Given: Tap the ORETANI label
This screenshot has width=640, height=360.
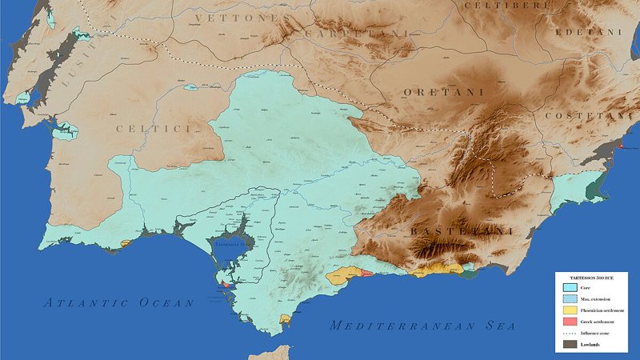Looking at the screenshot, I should pos(443,93).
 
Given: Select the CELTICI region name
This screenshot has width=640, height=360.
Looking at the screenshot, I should pos(156,128).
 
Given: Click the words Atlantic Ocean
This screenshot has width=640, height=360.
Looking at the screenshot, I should pos(118,302).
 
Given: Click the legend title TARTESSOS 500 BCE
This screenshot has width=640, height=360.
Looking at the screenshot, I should pos(592,278).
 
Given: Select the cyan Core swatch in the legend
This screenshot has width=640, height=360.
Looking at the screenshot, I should pos(570,287).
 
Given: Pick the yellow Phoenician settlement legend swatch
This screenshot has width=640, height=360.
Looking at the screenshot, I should pos(570,310).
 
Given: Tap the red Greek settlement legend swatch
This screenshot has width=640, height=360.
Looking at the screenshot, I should pos(570,321).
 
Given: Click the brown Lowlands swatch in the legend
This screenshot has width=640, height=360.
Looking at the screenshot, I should pos(570,344).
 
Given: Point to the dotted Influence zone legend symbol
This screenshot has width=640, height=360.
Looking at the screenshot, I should pos(570,333).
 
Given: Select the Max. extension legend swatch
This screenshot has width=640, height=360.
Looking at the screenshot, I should pos(570,298).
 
